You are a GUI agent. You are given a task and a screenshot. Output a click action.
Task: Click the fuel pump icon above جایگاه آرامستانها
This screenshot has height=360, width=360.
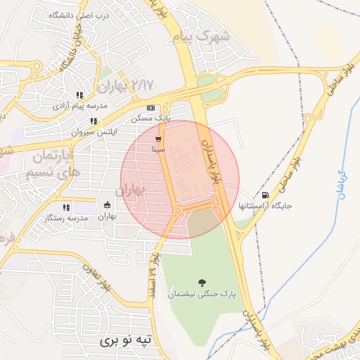tap(264, 195)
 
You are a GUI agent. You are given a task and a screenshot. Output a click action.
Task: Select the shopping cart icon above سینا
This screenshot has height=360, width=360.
tap(158, 139)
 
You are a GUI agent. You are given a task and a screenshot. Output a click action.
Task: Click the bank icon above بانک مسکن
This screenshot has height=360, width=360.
tap(150, 108)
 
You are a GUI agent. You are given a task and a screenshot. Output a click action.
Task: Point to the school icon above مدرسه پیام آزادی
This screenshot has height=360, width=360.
tap(80, 95)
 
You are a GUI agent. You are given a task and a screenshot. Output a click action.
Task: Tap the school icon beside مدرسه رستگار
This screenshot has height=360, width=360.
tap(66, 207)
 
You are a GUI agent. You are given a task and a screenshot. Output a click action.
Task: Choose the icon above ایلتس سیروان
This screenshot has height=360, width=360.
tap(94, 121)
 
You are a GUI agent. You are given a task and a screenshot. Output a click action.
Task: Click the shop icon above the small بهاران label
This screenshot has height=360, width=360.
tap(106, 205)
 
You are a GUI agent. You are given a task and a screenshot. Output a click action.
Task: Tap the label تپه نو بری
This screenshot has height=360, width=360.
tap(106, 340)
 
